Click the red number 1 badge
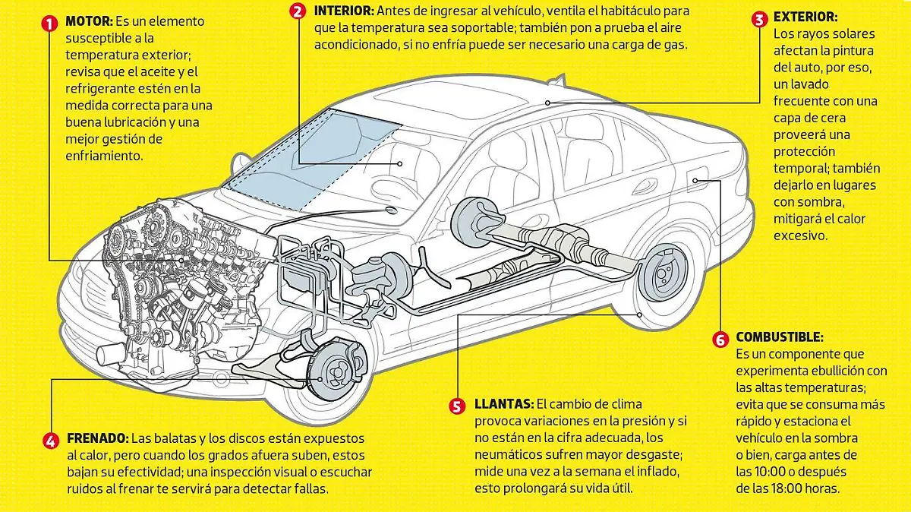pos(49,24)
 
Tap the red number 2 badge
pos(298,11)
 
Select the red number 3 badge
pos(759,19)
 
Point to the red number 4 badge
pos(51,441)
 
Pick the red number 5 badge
pos(457,406)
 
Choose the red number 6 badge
pos(720,340)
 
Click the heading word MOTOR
pos(89,21)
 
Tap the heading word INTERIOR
pos(344,11)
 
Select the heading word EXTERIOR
pos(805,17)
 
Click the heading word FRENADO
pos(98,438)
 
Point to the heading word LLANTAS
pos(504,404)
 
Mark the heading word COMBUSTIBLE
pos(780,337)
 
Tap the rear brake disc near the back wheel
pos(664,272)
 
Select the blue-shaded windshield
pos(314,160)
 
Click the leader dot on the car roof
pos(548,103)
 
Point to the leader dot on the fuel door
pos(695,180)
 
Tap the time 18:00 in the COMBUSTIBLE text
pos(791,488)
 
